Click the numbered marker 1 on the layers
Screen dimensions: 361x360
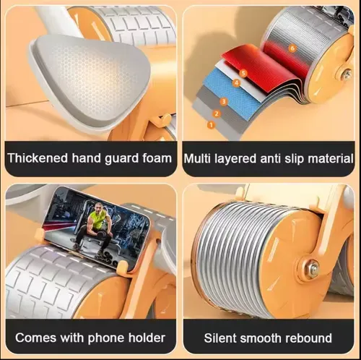[211, 125]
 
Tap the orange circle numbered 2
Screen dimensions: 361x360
[217, 113]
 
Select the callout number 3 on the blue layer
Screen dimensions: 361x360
[224, 101]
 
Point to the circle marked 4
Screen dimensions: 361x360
[236, 83]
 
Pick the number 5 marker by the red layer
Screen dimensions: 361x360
[243, 73]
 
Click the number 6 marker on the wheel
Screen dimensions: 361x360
[292, 48]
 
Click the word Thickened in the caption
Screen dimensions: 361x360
[38, 158]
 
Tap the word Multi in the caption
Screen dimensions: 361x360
[197, 159]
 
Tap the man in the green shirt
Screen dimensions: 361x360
[93, 229]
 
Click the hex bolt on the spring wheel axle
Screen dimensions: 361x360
[313, 267]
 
